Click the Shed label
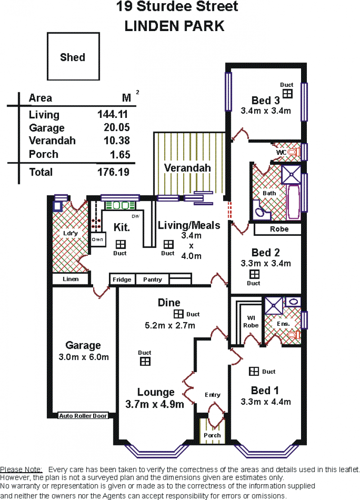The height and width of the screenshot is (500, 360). [x=73, y=58]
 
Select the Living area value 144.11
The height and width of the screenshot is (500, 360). [x=113, y=114]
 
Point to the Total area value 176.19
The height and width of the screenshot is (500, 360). [x=113, y=172]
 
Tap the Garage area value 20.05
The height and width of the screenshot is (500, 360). [x=117, y=127]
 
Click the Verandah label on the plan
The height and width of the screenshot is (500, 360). [x=188, y=168]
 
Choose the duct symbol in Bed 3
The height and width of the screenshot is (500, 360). [x=288, y=94]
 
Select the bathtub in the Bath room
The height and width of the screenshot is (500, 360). [x=293, y=202]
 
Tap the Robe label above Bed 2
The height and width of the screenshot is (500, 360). [x=279, y=229]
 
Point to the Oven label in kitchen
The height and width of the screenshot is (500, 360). [x=97, y=239]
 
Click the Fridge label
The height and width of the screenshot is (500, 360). [x=122, y=279]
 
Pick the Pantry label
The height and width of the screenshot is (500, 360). [x=153, y=279]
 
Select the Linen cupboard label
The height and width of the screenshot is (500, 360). [x=71, y=279]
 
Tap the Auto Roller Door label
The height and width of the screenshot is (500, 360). [x=83, y=416]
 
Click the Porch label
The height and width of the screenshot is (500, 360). [x=212, y=435]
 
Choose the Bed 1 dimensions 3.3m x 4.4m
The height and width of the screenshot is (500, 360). [x=265, y=401]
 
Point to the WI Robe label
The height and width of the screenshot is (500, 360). [x=251, y=321]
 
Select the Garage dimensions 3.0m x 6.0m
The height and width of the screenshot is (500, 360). [x=84, y=357]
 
